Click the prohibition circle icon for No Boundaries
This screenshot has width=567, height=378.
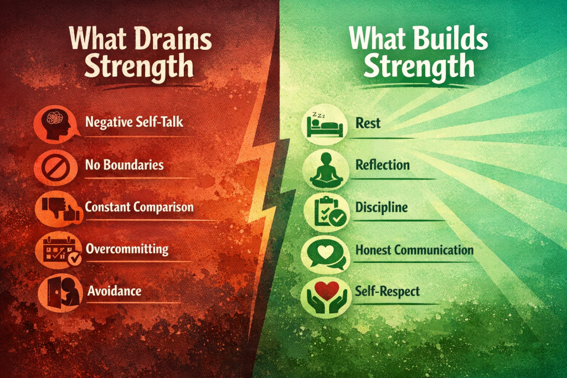[x=53, y=165]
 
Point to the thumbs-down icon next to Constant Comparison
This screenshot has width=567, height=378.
[x=53, y=208]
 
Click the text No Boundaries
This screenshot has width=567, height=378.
[x=125, y=165]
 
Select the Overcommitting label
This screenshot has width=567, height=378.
[x=127, y=248]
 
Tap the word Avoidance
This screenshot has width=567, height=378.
[x=114, y=291]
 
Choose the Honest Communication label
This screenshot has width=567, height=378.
[x=414, y=250]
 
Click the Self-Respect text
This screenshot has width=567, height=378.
[x=388, y=291]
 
